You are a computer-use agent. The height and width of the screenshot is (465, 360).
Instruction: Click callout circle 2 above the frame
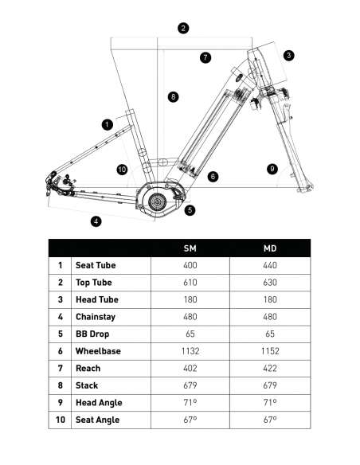click(183, 28)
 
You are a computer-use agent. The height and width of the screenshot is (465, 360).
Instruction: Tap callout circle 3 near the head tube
click(288, 55)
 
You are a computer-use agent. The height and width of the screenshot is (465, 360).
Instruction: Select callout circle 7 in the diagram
click(205, 57)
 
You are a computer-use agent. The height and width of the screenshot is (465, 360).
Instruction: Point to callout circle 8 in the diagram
click(173, 97)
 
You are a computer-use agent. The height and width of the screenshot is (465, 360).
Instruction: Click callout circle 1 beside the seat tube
click(108, 124)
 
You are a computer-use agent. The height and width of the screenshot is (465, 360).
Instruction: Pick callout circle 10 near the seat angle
click(122, 170)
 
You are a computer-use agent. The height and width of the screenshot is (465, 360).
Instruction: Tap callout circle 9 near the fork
click(272, 169)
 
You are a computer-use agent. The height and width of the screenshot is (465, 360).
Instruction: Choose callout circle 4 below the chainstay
click(96, 221)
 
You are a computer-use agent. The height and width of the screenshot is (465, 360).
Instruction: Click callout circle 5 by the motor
click(190, 210)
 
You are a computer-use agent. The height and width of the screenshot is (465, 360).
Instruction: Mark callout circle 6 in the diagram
click(213, 177)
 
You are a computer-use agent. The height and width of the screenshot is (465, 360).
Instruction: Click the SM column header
click(190, 248)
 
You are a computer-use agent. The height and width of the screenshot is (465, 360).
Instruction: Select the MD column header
click(270, 248)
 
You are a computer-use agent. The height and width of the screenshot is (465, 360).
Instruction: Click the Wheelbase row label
click(98, 351)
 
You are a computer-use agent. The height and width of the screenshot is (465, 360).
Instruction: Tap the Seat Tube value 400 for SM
click(190, 265)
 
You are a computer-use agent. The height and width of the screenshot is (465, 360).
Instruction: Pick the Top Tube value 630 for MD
click(270, 283)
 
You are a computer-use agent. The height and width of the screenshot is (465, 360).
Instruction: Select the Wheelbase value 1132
click(190, 351)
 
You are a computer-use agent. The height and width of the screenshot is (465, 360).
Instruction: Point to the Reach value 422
click(270, 369)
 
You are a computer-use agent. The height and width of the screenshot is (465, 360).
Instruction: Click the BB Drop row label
click(92, 334)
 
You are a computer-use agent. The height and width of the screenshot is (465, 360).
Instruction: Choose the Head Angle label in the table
click(99, 403)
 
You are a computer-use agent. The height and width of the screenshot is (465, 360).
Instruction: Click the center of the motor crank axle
click(157, 202)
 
